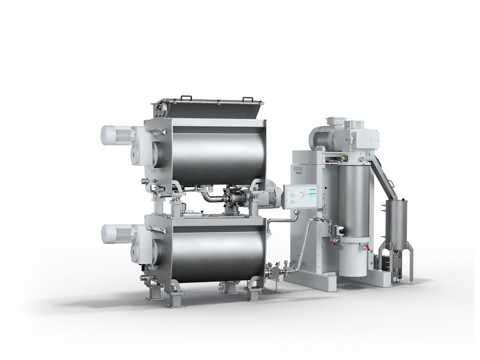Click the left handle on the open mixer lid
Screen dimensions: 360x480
click(186, 97)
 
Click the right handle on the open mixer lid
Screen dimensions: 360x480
click(247, 99)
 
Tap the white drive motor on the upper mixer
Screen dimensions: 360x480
click(115, 135)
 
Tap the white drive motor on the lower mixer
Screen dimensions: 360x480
click(115, 233)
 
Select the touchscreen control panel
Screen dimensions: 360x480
click(300, 196)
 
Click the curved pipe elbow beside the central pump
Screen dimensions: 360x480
click(208, 196)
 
